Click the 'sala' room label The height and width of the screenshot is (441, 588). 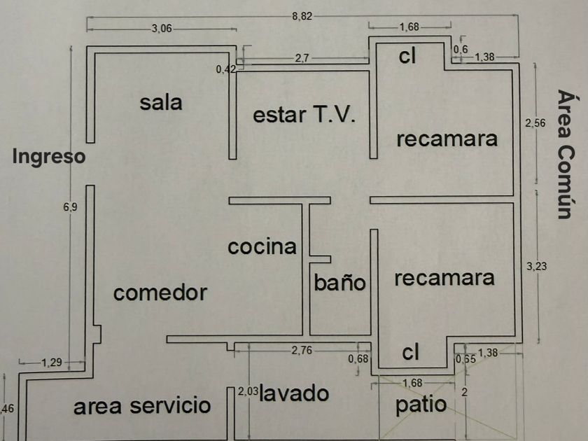160,102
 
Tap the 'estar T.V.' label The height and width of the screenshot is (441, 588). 304,114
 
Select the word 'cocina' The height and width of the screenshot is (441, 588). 262,246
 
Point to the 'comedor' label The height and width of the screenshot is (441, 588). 160,292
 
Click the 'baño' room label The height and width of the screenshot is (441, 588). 339,283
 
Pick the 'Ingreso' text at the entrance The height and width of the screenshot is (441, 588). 48,156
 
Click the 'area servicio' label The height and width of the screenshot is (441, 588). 142,405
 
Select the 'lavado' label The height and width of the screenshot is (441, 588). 294,393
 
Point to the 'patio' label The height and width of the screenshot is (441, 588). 421,405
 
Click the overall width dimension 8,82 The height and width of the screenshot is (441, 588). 302,16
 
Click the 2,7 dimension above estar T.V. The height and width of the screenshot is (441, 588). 302,59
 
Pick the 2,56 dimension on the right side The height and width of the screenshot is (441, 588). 535,123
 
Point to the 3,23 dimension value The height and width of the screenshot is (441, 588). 535,265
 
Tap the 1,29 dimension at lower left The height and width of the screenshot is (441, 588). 50,363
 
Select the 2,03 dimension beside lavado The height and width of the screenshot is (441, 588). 248,392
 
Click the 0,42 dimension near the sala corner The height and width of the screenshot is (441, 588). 226,69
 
